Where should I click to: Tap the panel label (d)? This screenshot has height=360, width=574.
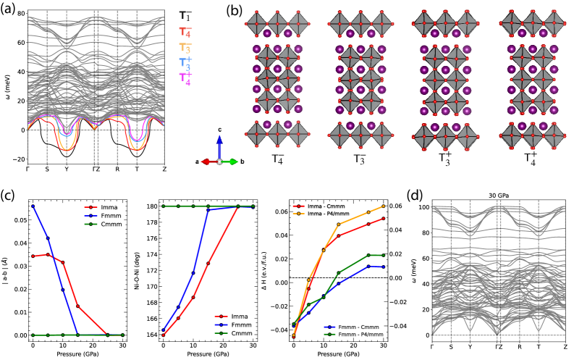(x=418, y=193)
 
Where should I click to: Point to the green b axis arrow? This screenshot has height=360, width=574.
(x=232, y=161)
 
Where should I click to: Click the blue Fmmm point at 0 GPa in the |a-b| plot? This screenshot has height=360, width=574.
(x=33, y=206)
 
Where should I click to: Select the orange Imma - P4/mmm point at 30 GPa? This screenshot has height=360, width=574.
(x=383, y=206)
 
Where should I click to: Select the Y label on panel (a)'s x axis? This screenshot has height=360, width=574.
(x=67, y=172)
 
